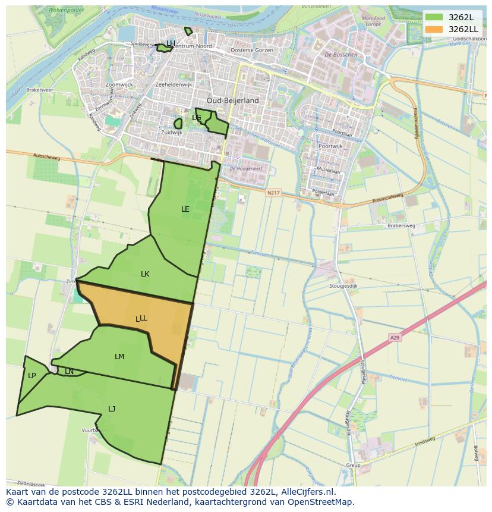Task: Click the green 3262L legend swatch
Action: [x=434, y=17]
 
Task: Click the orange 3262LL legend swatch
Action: [x=434, y=29]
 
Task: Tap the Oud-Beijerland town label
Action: [x=233, y=100]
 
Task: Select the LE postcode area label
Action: [x=185, y=209]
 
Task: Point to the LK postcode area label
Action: [x=145, y=274]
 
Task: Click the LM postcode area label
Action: [x=119, y=357]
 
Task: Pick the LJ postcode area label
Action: [x=112, y=409]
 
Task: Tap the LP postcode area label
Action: [x=31, y=375]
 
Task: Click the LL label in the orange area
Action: [x=142, y=318]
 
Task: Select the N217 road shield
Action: [x=273, y=192]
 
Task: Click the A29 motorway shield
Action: [x=395, y=337]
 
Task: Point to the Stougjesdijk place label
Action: [x=343, y=286]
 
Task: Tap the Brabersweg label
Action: [x=401, y=226]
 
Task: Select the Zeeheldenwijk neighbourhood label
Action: [x=174, y=85]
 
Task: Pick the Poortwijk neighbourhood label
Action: [x=330, y=146]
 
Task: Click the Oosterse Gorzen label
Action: [x=252, y=51]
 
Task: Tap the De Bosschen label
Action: [x=341, y=55]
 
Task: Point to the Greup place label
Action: [x=353, y=465]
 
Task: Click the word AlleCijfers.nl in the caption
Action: [x=304, y=492]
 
